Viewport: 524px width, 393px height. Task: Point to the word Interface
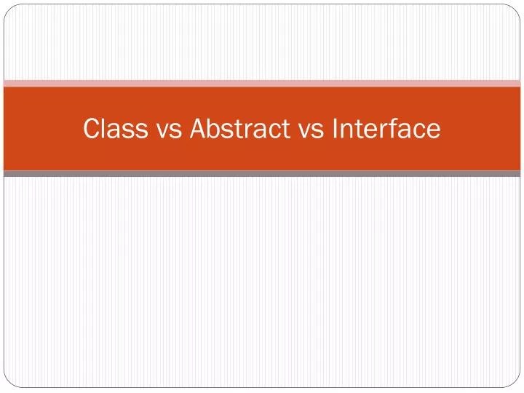(386, 129)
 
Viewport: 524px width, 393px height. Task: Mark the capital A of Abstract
(198, 129)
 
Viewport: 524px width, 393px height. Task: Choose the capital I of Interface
(335, 129)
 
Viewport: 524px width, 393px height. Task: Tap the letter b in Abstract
(214, 129)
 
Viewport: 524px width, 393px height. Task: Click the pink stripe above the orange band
(262, 83)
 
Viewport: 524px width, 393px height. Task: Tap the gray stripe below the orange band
(262, 174)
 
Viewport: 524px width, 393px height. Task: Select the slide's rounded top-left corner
(7, 8)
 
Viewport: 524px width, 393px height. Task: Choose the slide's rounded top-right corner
(517, 8)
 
